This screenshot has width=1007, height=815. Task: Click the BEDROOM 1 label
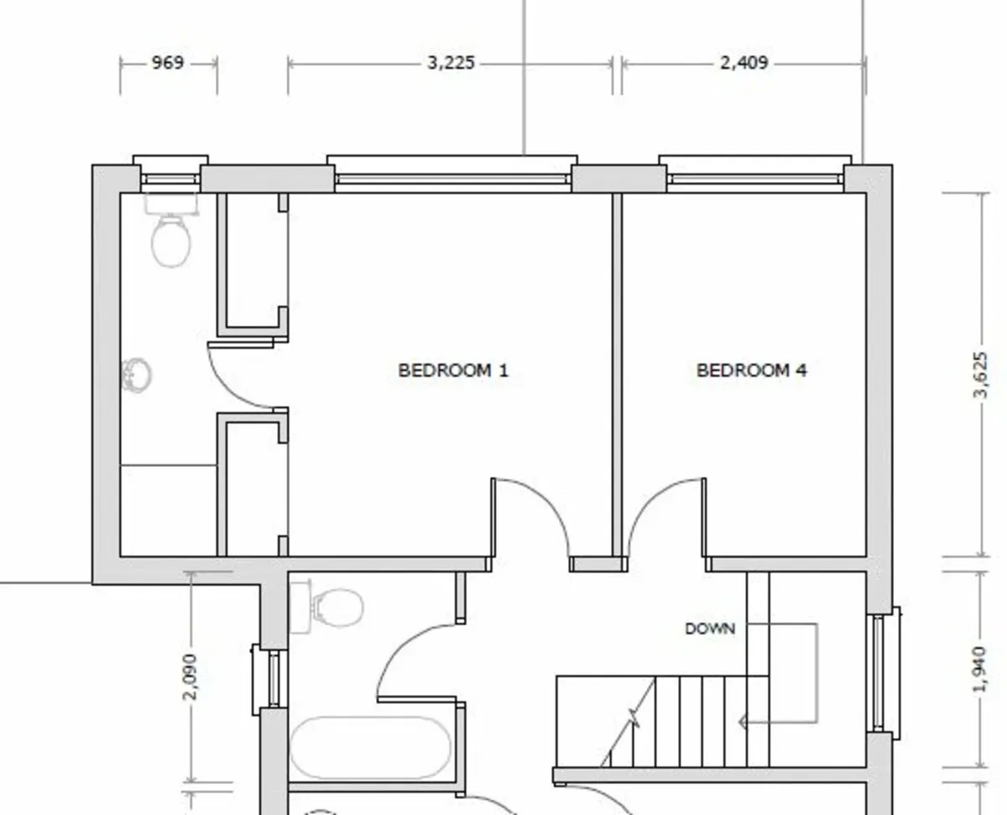(453, 370)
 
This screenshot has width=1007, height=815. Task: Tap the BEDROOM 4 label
(752, 370)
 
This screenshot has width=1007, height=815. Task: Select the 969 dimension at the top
(168, 63)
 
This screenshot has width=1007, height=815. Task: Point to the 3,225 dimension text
(451, 63)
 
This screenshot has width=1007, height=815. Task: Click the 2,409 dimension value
(744, 63)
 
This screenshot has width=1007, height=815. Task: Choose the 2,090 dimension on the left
(191, 677)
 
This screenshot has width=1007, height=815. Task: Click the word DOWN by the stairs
(710, 629)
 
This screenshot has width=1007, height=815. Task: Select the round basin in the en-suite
(137, 374)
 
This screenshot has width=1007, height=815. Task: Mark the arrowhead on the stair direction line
(743, 722)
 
